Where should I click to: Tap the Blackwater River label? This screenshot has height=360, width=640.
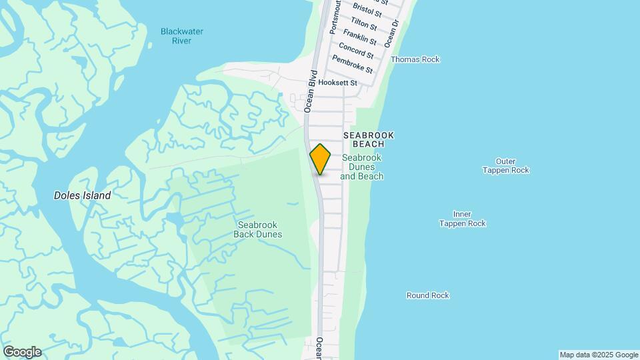tap(182, 36)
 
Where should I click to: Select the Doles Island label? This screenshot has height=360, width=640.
tap(83, 196)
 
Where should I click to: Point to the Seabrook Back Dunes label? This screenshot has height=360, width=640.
tap(259, 229)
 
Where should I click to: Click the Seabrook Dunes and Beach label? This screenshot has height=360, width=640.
tap(362, 167)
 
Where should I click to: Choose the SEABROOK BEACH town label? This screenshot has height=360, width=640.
tap(369, 139)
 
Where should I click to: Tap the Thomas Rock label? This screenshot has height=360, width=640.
tap(415, 59)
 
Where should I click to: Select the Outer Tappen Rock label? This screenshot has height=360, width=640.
tap(505, 165)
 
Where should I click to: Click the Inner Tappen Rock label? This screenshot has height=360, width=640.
tap(462, 219)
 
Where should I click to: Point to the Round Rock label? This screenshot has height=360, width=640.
tap(428, 295)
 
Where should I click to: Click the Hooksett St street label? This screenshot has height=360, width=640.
tap(338, 83)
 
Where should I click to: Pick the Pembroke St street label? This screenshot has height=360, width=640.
tap(352, 65)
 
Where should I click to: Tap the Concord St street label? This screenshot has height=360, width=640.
tap(356, 51)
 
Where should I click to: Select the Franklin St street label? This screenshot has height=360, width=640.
tap(360, 37)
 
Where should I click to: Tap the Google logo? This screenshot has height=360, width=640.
tap(22, 352)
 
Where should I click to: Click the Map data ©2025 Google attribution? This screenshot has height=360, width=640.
tap(599, 355)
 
